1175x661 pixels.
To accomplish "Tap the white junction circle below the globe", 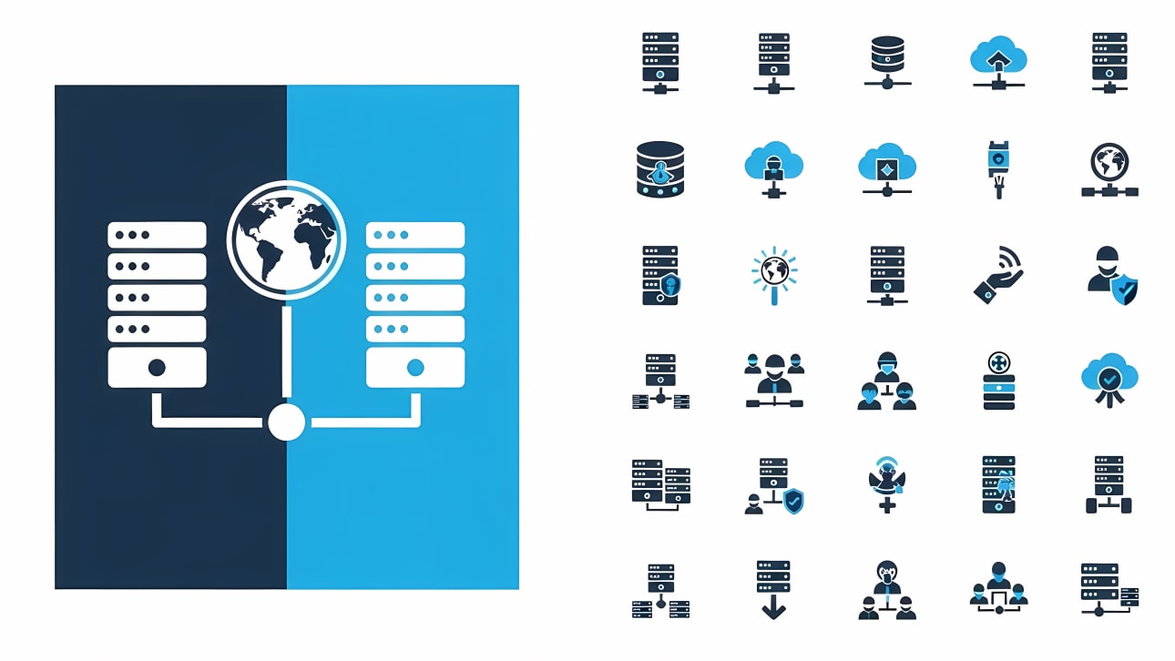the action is [x=286, y=422].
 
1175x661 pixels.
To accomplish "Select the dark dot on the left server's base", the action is [x=157, y=368].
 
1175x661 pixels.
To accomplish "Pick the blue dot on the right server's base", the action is [x=415, y=368].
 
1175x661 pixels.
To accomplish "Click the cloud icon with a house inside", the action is [x=998, y=60].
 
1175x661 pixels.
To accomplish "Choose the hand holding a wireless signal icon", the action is [x=998, y=274].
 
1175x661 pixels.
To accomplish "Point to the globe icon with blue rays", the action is [x=774, y=272].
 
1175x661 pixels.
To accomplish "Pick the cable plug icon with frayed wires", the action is [x=999, y=168].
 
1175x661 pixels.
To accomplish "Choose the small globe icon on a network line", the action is [x=1109, y=169].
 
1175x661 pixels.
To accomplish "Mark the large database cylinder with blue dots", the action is [x=660, y=168].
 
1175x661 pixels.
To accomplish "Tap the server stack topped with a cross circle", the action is [x=999, y=381].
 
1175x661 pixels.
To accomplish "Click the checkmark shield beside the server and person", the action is [x=794, y=500].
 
